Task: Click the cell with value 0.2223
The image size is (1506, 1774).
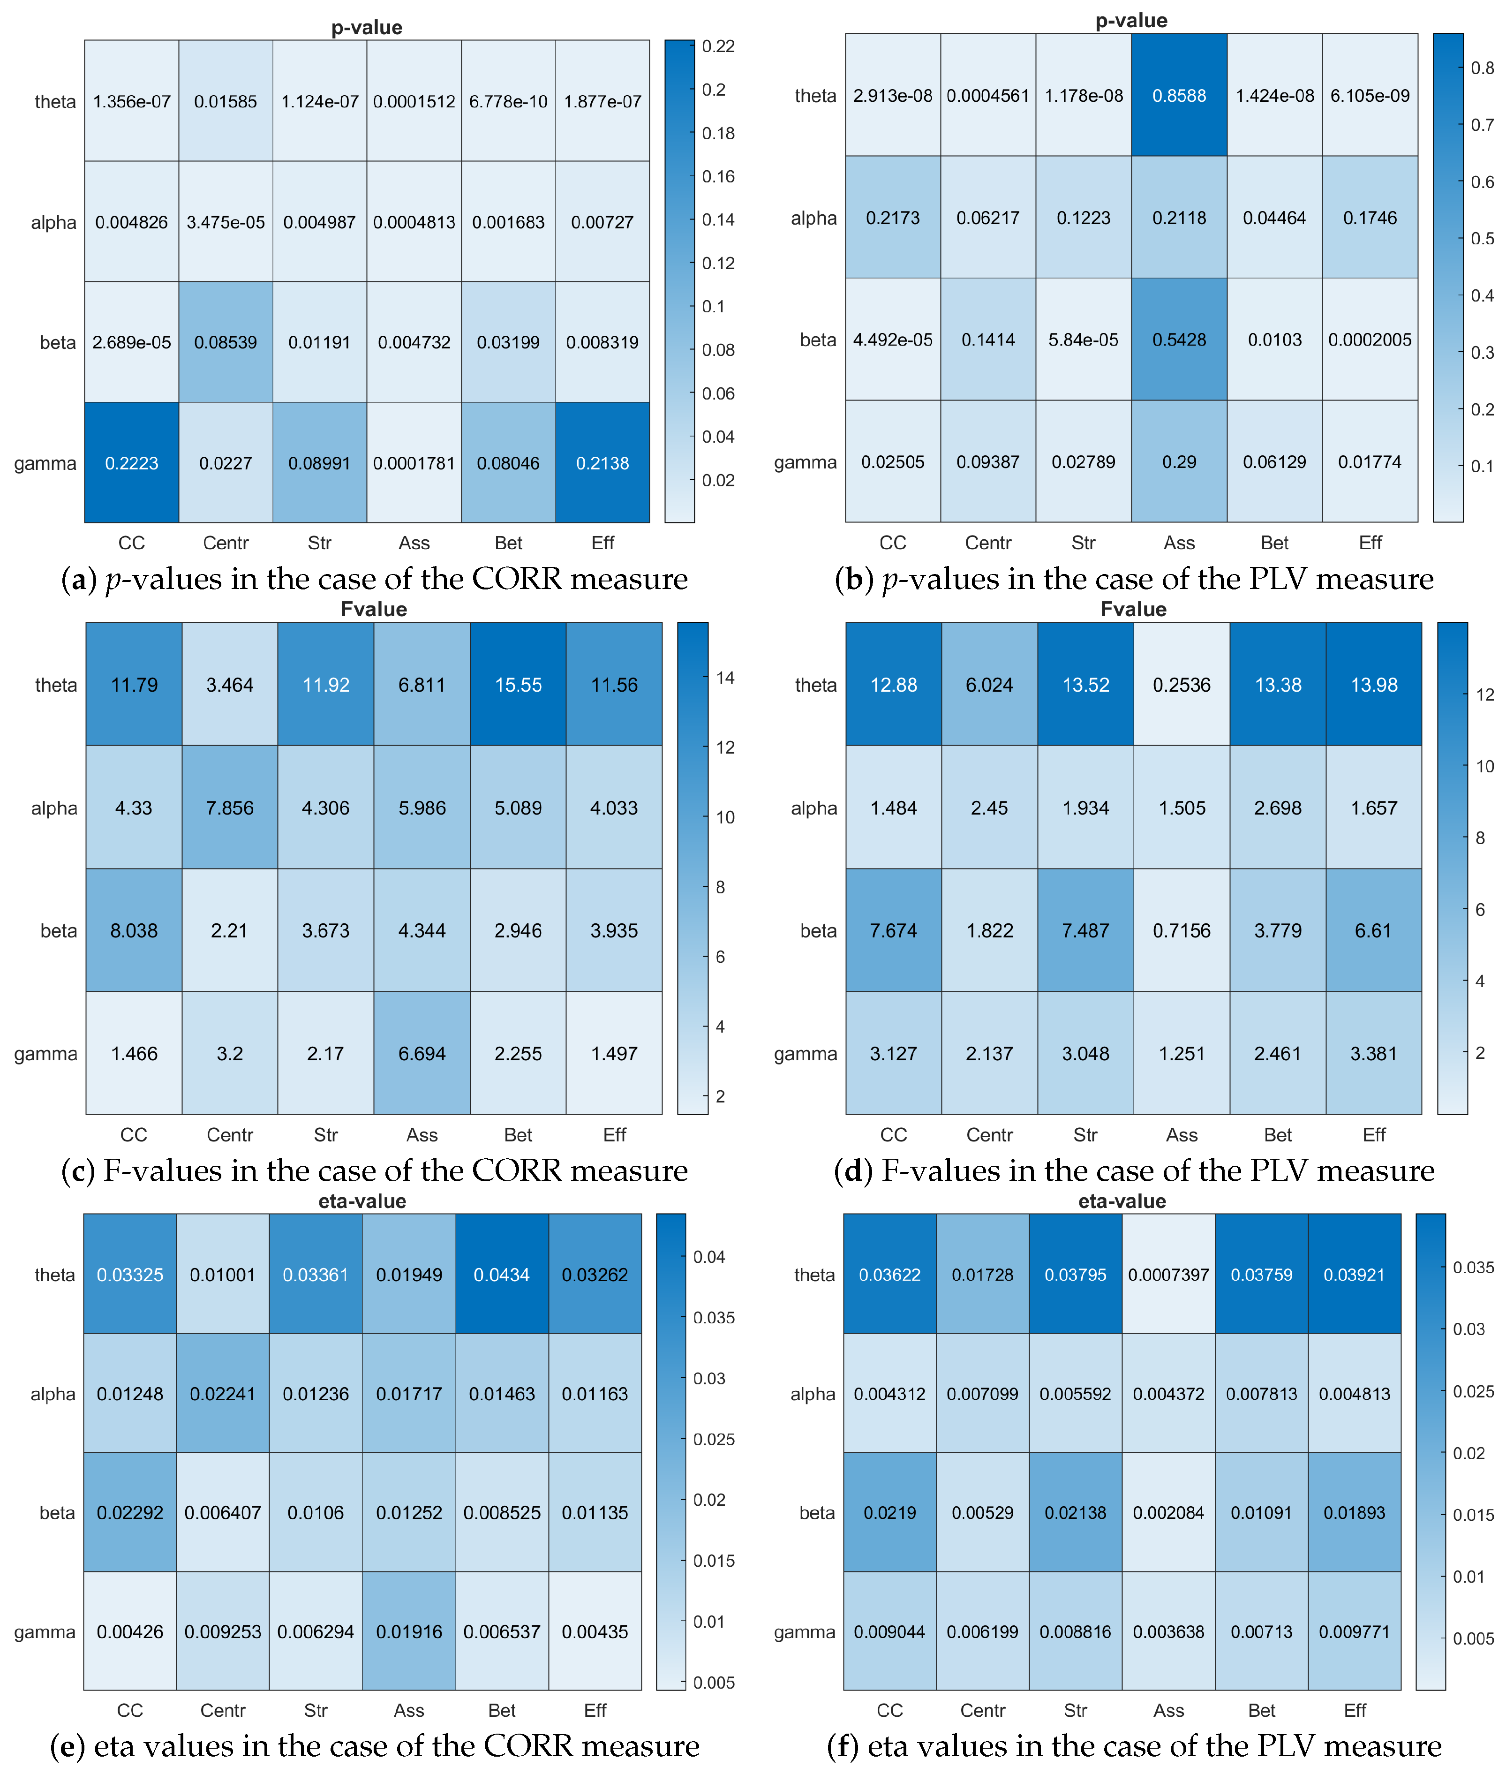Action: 131,463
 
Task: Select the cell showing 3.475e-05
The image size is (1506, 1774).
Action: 226,222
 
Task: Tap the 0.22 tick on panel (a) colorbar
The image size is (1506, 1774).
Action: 717,46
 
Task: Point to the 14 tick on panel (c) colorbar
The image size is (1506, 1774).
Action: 725,678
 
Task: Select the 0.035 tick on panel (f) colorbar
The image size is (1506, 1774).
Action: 1473,1268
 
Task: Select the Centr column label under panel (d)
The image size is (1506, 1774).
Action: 989,1134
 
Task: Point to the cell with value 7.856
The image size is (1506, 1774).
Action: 230,808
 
